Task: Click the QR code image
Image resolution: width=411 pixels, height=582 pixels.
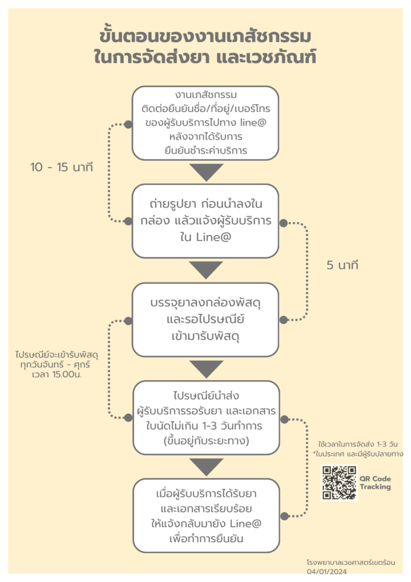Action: (339, 483)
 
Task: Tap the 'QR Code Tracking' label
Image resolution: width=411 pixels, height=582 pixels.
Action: (375, 483)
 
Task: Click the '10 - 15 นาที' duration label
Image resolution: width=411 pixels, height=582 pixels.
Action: (61, 167)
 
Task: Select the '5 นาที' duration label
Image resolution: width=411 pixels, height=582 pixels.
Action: (342, 265)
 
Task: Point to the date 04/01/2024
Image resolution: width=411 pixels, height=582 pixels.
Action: (326, 572)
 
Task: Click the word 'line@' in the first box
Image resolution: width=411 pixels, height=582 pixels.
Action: (253, 123)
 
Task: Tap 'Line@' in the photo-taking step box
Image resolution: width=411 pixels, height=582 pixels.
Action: (213, 237)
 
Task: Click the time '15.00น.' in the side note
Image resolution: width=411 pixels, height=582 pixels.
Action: (67, 374)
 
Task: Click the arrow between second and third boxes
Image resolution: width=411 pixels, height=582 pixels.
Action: (206, 270)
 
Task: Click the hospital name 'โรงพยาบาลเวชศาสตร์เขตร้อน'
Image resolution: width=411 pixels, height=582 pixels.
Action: (351, 562)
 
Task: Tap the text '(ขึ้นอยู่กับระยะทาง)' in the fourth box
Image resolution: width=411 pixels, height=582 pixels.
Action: (206, 440)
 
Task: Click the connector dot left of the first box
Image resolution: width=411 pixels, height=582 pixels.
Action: (128, 124)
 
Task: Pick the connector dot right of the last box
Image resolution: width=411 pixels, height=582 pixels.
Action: (284, 516)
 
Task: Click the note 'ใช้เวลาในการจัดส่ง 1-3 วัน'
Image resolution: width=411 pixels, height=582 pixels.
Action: (358, 444)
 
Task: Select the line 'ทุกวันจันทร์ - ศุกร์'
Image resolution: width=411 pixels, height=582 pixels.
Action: (55, 364)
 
